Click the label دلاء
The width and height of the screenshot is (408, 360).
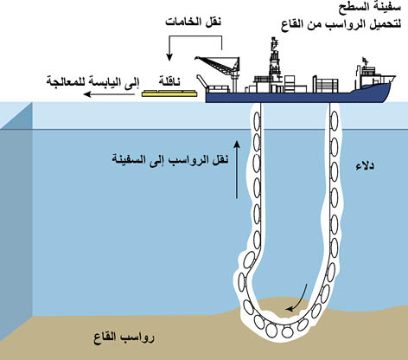click(x=365, y=167)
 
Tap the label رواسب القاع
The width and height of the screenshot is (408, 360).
click(x=124, y=337)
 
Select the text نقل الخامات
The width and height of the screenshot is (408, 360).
click(x=193, y=22)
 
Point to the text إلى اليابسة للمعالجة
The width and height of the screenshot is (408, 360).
click(x=92, y=81)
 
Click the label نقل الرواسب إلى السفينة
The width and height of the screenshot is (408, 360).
click(x=170, y=160)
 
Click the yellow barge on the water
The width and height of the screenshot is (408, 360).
click(x=169, y=93)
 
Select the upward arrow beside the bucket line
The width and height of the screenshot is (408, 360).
click(x=237, y=170)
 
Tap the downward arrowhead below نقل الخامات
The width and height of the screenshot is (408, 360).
click(x=169, y=57)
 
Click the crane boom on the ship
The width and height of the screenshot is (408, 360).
click(x=215, y=64)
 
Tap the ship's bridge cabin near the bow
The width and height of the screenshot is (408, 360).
click(x=367, y=74)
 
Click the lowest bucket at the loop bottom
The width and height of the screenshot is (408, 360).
click(x=287, y=331)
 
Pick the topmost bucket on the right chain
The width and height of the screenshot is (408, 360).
click(x=335, y=118)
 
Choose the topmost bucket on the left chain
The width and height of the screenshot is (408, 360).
click(x=257, y=119)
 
